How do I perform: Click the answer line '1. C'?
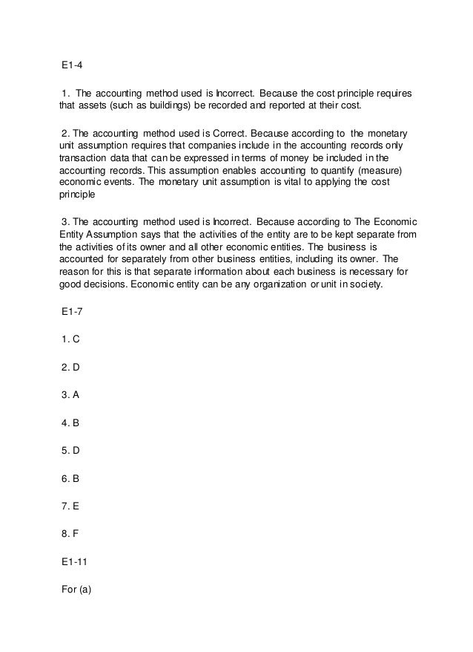point(70,340)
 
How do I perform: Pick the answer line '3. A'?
point(70,395)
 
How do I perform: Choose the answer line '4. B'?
point(70,423)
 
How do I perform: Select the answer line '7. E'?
point(70,505)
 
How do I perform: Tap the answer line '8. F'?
point(70,532)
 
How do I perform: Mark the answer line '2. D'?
point(70,368)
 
